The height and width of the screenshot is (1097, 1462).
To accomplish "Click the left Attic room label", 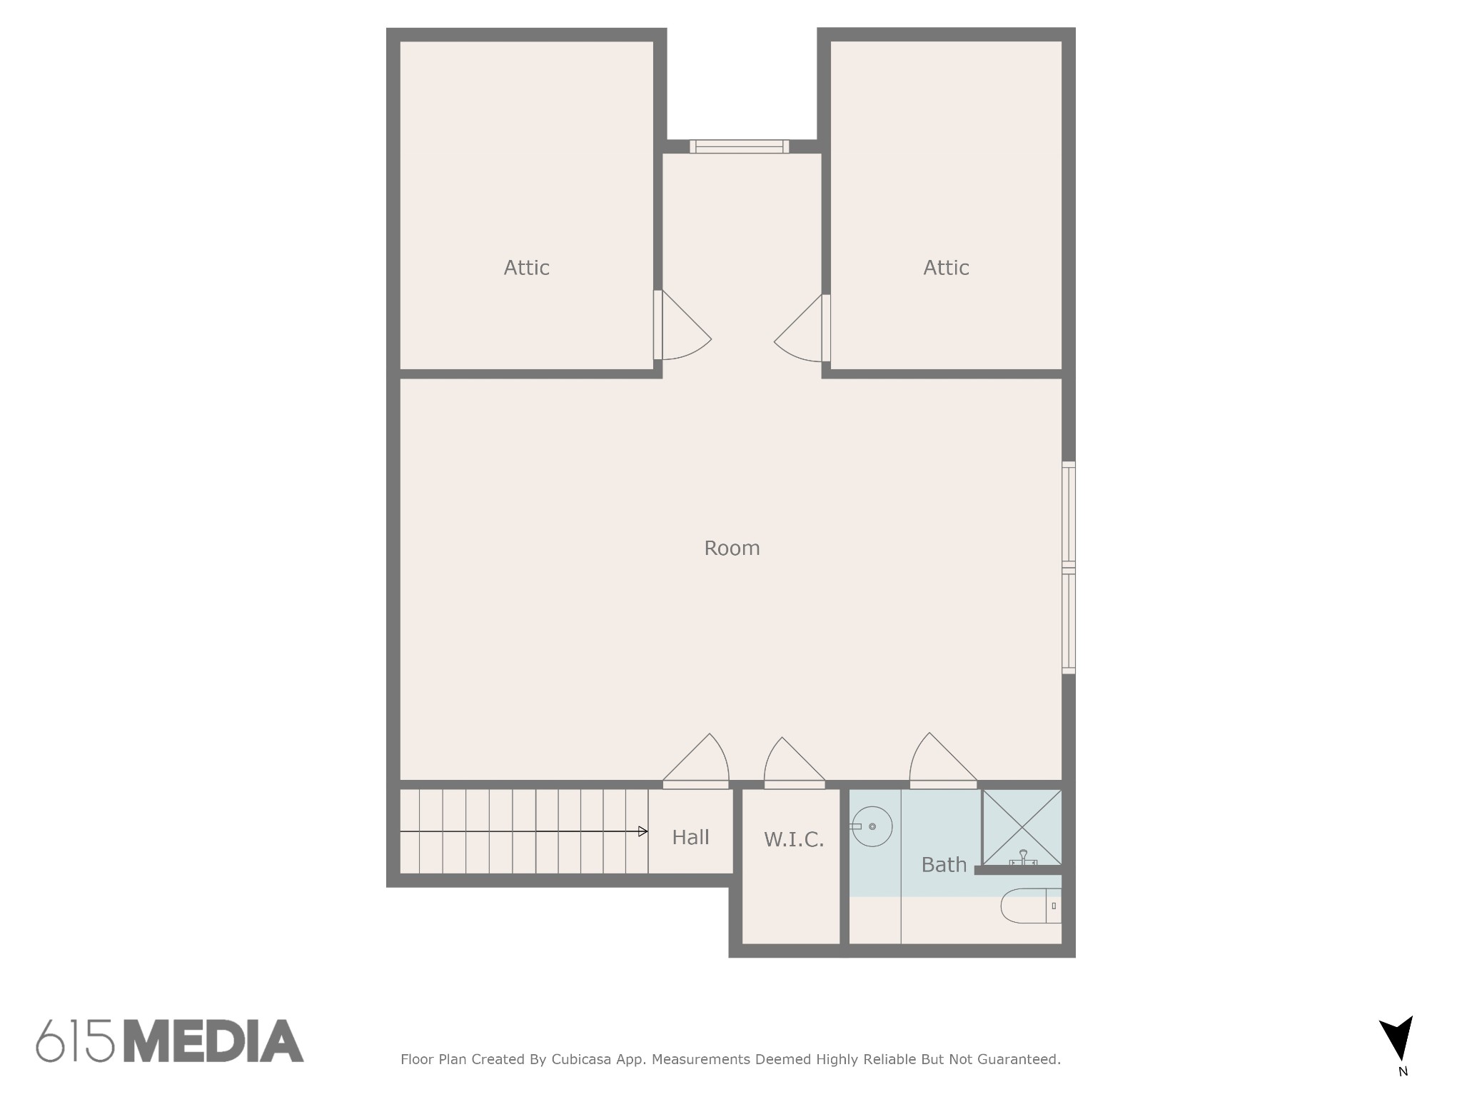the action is [526, 268].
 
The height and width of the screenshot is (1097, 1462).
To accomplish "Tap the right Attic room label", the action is [946, 268].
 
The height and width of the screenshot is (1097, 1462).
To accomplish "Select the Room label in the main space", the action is [732, 548].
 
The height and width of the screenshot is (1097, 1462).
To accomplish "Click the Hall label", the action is [690, 837].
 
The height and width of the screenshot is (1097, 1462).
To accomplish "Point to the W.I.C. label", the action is [794, 839].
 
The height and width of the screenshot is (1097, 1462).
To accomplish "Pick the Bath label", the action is [944, 865].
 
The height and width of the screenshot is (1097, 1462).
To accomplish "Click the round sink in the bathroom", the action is [872, 826].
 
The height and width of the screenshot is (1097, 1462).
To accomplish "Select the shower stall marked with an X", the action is [1022, 828].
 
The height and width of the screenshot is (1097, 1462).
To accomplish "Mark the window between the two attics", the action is [739, 146].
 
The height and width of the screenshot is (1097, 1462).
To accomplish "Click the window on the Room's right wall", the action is [1069, 568].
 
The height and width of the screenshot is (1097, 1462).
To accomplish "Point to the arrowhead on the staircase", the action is [643, 831].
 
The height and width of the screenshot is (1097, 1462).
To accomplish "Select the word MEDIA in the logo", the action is [214, 1041].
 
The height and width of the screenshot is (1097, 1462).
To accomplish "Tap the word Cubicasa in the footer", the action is [581, 1059].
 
